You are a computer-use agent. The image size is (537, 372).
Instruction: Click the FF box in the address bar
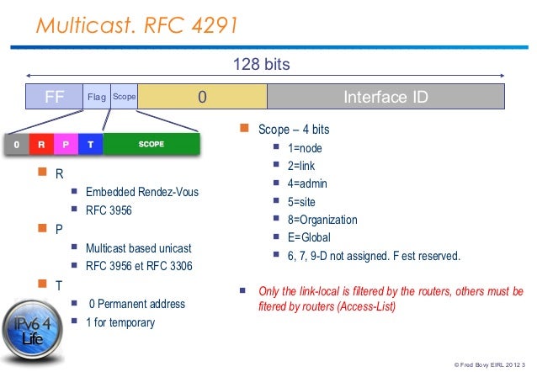(54, 97)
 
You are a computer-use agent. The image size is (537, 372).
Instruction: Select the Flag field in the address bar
(96, 98)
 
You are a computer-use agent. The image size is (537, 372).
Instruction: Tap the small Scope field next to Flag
(124, 98)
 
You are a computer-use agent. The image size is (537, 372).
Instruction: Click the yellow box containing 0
(202, 97)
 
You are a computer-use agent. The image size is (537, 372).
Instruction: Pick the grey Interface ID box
(385, 97)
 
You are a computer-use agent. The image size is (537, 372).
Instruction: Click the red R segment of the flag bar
(41, 145)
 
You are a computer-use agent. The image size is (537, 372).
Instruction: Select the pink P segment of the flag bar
(66, 145)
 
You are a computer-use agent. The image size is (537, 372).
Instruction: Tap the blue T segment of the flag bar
(90, 145)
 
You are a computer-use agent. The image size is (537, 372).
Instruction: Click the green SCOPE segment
(151, 145)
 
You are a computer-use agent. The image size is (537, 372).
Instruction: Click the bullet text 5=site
(304, 202)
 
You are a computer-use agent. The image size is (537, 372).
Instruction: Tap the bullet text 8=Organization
(322, 220)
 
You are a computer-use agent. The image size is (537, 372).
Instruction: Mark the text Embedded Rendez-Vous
(142, 192)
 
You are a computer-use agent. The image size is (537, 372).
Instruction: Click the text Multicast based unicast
(139, 249)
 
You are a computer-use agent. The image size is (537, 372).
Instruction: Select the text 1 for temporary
(121, 322)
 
